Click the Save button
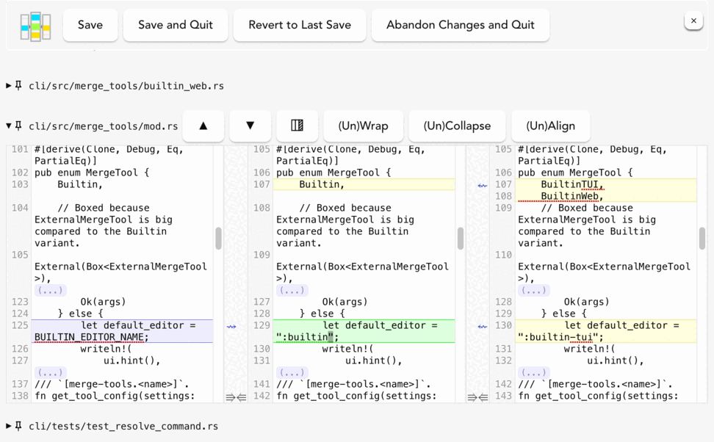point(90,25)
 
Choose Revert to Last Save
point(300,25)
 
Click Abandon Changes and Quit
point(460,25)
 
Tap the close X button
point(693,21)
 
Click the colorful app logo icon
point(35,26)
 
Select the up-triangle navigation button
point(203,126)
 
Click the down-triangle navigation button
point(250,126)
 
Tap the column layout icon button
point(297,126)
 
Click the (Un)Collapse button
point(457,126)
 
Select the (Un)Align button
point(550,126)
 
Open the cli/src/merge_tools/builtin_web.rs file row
point(126,86)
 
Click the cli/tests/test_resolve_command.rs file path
point(123,426)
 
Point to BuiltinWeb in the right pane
point(571,197)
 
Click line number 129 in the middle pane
point(262,325)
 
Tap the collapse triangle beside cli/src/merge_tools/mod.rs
point(9,126)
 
